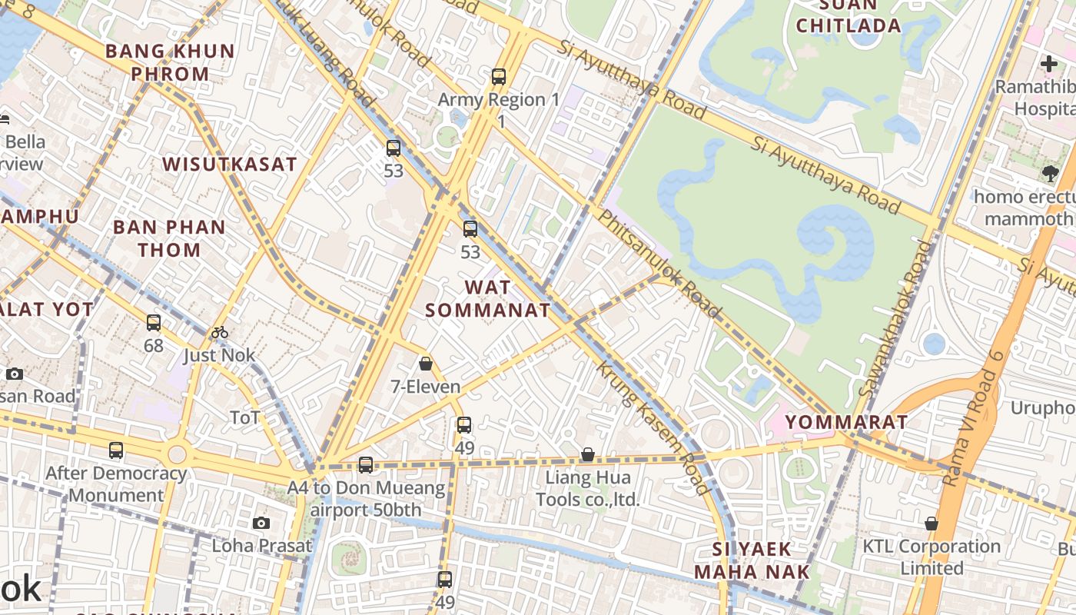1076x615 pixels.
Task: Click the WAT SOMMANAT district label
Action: pos(487,299)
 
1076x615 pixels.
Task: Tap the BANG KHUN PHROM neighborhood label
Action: pos(169,63)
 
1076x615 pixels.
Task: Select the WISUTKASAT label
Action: pos(229,165)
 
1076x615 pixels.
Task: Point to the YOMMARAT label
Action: pos(846,422)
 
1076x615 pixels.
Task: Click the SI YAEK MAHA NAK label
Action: pos(752,560)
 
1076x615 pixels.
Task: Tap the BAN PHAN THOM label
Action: pos(169,238)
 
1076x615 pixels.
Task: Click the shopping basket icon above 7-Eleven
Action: pos(426,364)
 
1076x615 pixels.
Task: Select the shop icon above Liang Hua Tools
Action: pos(587,454)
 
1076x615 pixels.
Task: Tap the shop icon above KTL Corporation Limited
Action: pos(932,524)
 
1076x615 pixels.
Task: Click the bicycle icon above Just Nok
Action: pos(220,332)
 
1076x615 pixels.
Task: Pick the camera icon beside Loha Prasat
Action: pos(261,524)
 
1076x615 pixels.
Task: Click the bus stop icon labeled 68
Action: pos(154,323)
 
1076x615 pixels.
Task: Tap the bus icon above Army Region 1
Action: pos(499,77)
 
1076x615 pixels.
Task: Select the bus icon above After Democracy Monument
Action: pos(116,450)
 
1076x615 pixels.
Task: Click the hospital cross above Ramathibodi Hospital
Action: pos(1049,64)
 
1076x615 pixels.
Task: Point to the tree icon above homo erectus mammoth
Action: pos(1051,174)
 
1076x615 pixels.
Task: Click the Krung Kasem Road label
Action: pos(653,427)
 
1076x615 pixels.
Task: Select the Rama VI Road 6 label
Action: pos(973,418)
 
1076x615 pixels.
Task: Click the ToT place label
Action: pos(245,418)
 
